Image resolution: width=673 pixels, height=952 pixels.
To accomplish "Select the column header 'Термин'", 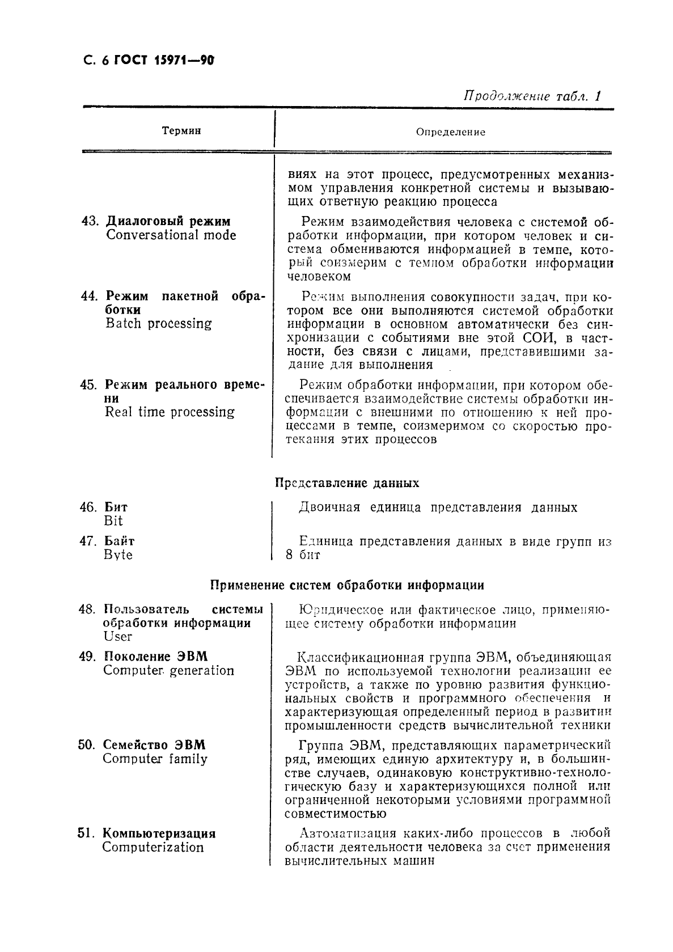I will [x=181, y=131].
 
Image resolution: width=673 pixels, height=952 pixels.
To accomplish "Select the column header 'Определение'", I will [x=451, y=132].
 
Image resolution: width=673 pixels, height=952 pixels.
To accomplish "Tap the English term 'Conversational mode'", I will [x=171, y=235].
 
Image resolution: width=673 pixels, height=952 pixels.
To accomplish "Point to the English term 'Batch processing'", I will [x=158, y=324].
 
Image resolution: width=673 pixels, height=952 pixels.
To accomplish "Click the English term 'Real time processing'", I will [x=170, y=412].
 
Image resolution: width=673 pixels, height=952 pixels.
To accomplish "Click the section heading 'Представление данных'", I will [x=347, y=483].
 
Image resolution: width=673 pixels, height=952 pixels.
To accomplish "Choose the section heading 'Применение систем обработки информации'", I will [x=347, y=585].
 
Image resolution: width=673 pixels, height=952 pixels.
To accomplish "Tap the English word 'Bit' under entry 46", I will [x=113, y=521].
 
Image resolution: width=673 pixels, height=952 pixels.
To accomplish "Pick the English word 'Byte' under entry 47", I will [x=118, y=555].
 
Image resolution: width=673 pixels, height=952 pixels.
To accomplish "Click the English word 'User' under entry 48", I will [x=117, y=636].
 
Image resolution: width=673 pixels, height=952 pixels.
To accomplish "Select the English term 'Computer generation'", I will [x=168, y=671].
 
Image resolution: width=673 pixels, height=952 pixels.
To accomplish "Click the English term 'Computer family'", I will [x=155, y=759].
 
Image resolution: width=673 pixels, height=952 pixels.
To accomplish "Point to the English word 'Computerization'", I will [x=153, y=848].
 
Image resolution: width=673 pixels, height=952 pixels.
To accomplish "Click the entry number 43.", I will [x=90, y=222].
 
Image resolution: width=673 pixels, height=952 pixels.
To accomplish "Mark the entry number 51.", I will [x=86, y=833].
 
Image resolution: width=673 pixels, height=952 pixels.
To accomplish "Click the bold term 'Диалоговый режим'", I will [x=168, y=222].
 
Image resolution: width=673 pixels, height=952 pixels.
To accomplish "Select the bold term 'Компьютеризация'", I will [x=159, y=833].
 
